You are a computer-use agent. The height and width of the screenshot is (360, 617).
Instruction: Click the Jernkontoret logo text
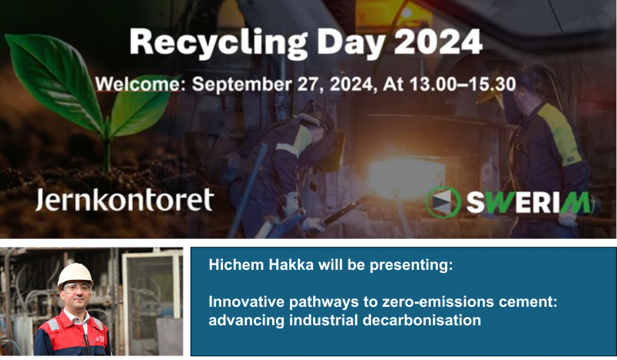124,200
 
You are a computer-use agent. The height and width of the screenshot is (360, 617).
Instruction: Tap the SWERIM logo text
529,202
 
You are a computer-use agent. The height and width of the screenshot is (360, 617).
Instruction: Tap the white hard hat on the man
75,274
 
